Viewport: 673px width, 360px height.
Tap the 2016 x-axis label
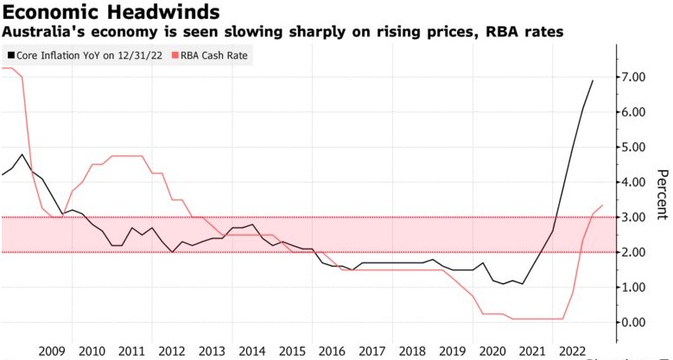tap(330, 351)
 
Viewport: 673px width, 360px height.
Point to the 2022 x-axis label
tap(569, 351)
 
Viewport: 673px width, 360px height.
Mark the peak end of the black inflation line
tap(594, 80)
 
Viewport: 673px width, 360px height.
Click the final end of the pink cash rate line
tap(602, 205)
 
